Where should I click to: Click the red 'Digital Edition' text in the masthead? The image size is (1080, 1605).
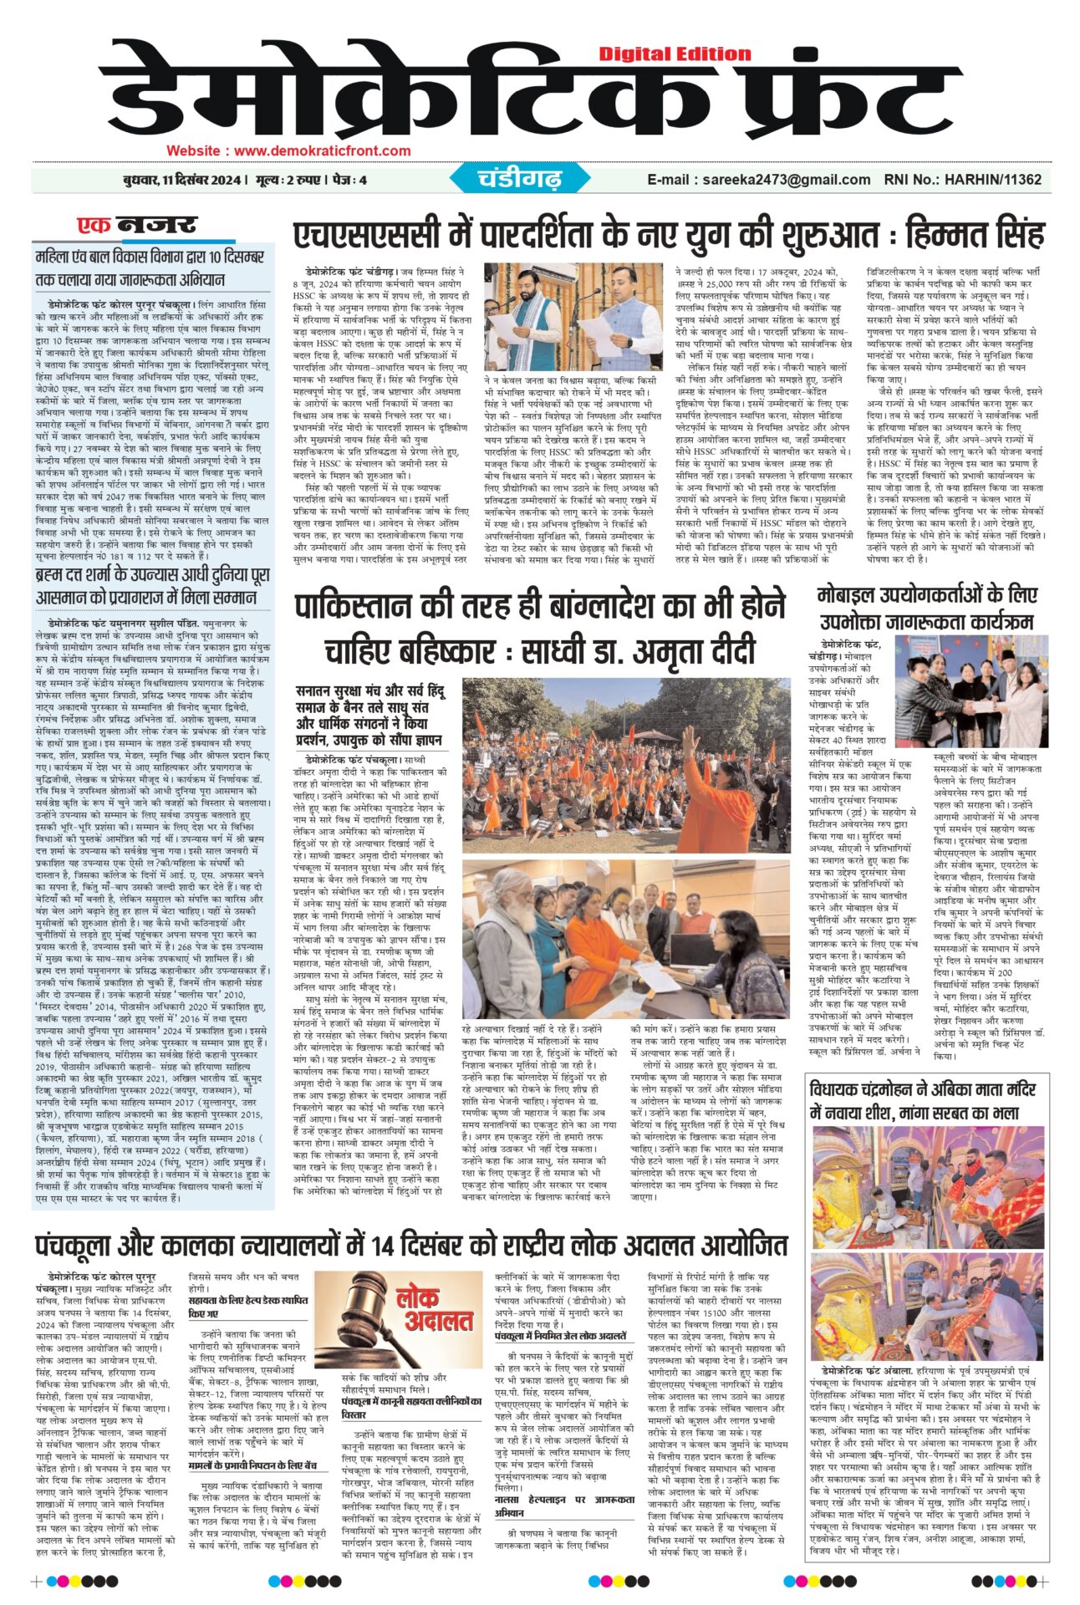click(x=675, y=53)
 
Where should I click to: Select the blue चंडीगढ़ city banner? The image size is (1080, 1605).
click(x=520, y=179)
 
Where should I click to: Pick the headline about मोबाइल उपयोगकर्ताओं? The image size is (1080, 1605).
click(x=926, y=608)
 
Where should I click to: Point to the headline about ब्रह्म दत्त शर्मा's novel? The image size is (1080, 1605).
click(x=152, y=587)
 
